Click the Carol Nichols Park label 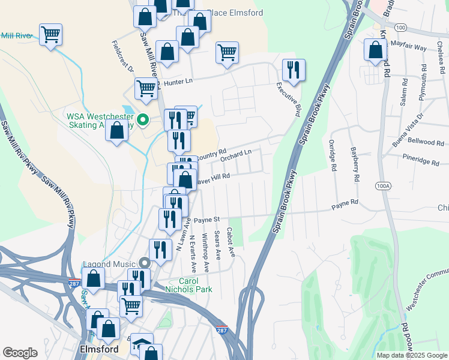click(x=196, y=285)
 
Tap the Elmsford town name click(x=97, y=347)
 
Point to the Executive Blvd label click(x=288, y=99)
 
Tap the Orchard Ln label click(x=235, y=156)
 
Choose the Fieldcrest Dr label click(x=122, y=57)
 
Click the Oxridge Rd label click(x=331, y=155)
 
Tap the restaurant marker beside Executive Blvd click(x=294, y=70)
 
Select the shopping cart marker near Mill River click(x=51, y=34)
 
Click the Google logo click(x=20, y=353)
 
